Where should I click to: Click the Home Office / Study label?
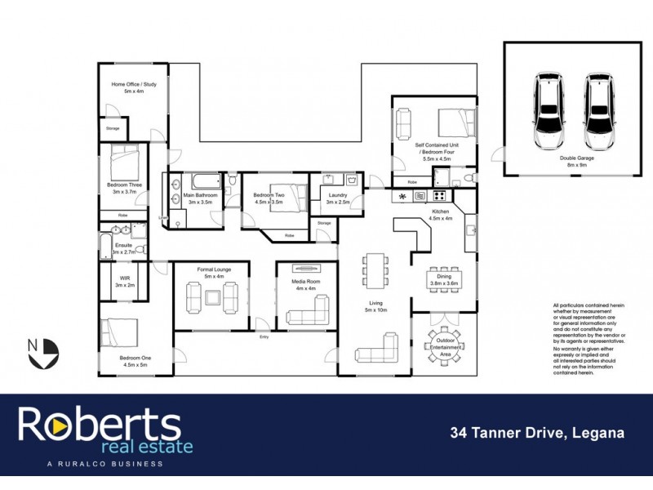tap(133, 87)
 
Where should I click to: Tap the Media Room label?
tap(307, 283)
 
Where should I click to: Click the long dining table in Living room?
tap(375, 269)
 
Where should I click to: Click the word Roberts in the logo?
tap(100, 424)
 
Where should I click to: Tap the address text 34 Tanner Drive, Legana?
tap(537, 433)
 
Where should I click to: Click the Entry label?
tap(264, 336)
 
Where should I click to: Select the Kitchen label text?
tap(441, 214)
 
